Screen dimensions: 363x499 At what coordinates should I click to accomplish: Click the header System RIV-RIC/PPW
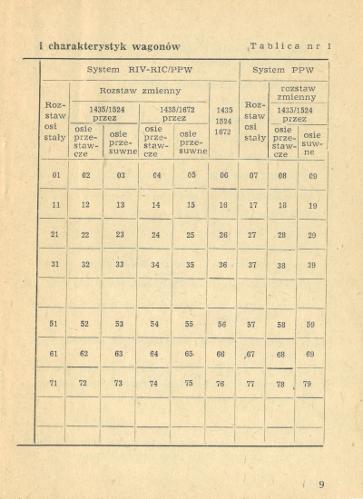[140, 69]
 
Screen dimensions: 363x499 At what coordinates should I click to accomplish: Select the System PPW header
[284, 69]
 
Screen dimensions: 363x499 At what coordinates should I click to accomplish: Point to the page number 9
[320, 484]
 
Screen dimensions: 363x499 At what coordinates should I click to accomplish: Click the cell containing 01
[55, 175]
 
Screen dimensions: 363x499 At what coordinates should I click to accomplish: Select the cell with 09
[312, 176]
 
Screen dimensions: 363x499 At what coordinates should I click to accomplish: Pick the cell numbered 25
[191, 235]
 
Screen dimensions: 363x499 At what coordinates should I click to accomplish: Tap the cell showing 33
[120, 265]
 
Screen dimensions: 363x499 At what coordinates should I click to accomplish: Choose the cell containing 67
[250, 354]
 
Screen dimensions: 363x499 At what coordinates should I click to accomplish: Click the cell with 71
[54, 383]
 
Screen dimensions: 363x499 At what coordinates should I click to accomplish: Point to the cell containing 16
[223, 206]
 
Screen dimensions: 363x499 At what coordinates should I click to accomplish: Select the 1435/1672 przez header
[173, 113]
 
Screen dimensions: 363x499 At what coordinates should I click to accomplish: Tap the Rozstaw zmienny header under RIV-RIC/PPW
[140, 91]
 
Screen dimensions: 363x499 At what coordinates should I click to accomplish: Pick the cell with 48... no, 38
[281, 266]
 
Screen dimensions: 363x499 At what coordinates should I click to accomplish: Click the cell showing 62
[84, 354]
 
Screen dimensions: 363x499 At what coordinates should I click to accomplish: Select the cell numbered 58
[281, 325]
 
